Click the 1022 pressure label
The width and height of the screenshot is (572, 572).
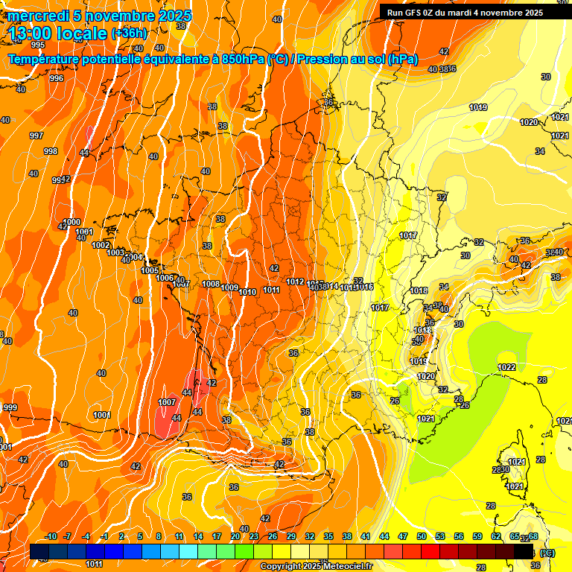506,367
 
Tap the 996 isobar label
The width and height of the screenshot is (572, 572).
57,78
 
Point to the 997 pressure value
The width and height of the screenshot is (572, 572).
36,136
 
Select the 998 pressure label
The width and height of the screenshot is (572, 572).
51,151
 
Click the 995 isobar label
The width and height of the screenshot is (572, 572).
38,66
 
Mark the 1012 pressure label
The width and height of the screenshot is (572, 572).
295,282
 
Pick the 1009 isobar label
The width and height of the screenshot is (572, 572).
229,288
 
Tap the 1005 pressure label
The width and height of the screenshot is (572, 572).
150,270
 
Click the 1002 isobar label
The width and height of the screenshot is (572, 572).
101,245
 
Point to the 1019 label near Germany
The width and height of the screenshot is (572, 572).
478,108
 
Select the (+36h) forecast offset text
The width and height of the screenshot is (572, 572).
129,34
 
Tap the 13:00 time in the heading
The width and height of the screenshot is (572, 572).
32,34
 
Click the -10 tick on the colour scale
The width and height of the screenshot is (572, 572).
51,536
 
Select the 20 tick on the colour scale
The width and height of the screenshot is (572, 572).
235,536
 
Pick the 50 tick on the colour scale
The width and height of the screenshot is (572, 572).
422,536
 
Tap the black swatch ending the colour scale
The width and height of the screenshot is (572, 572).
524,551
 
